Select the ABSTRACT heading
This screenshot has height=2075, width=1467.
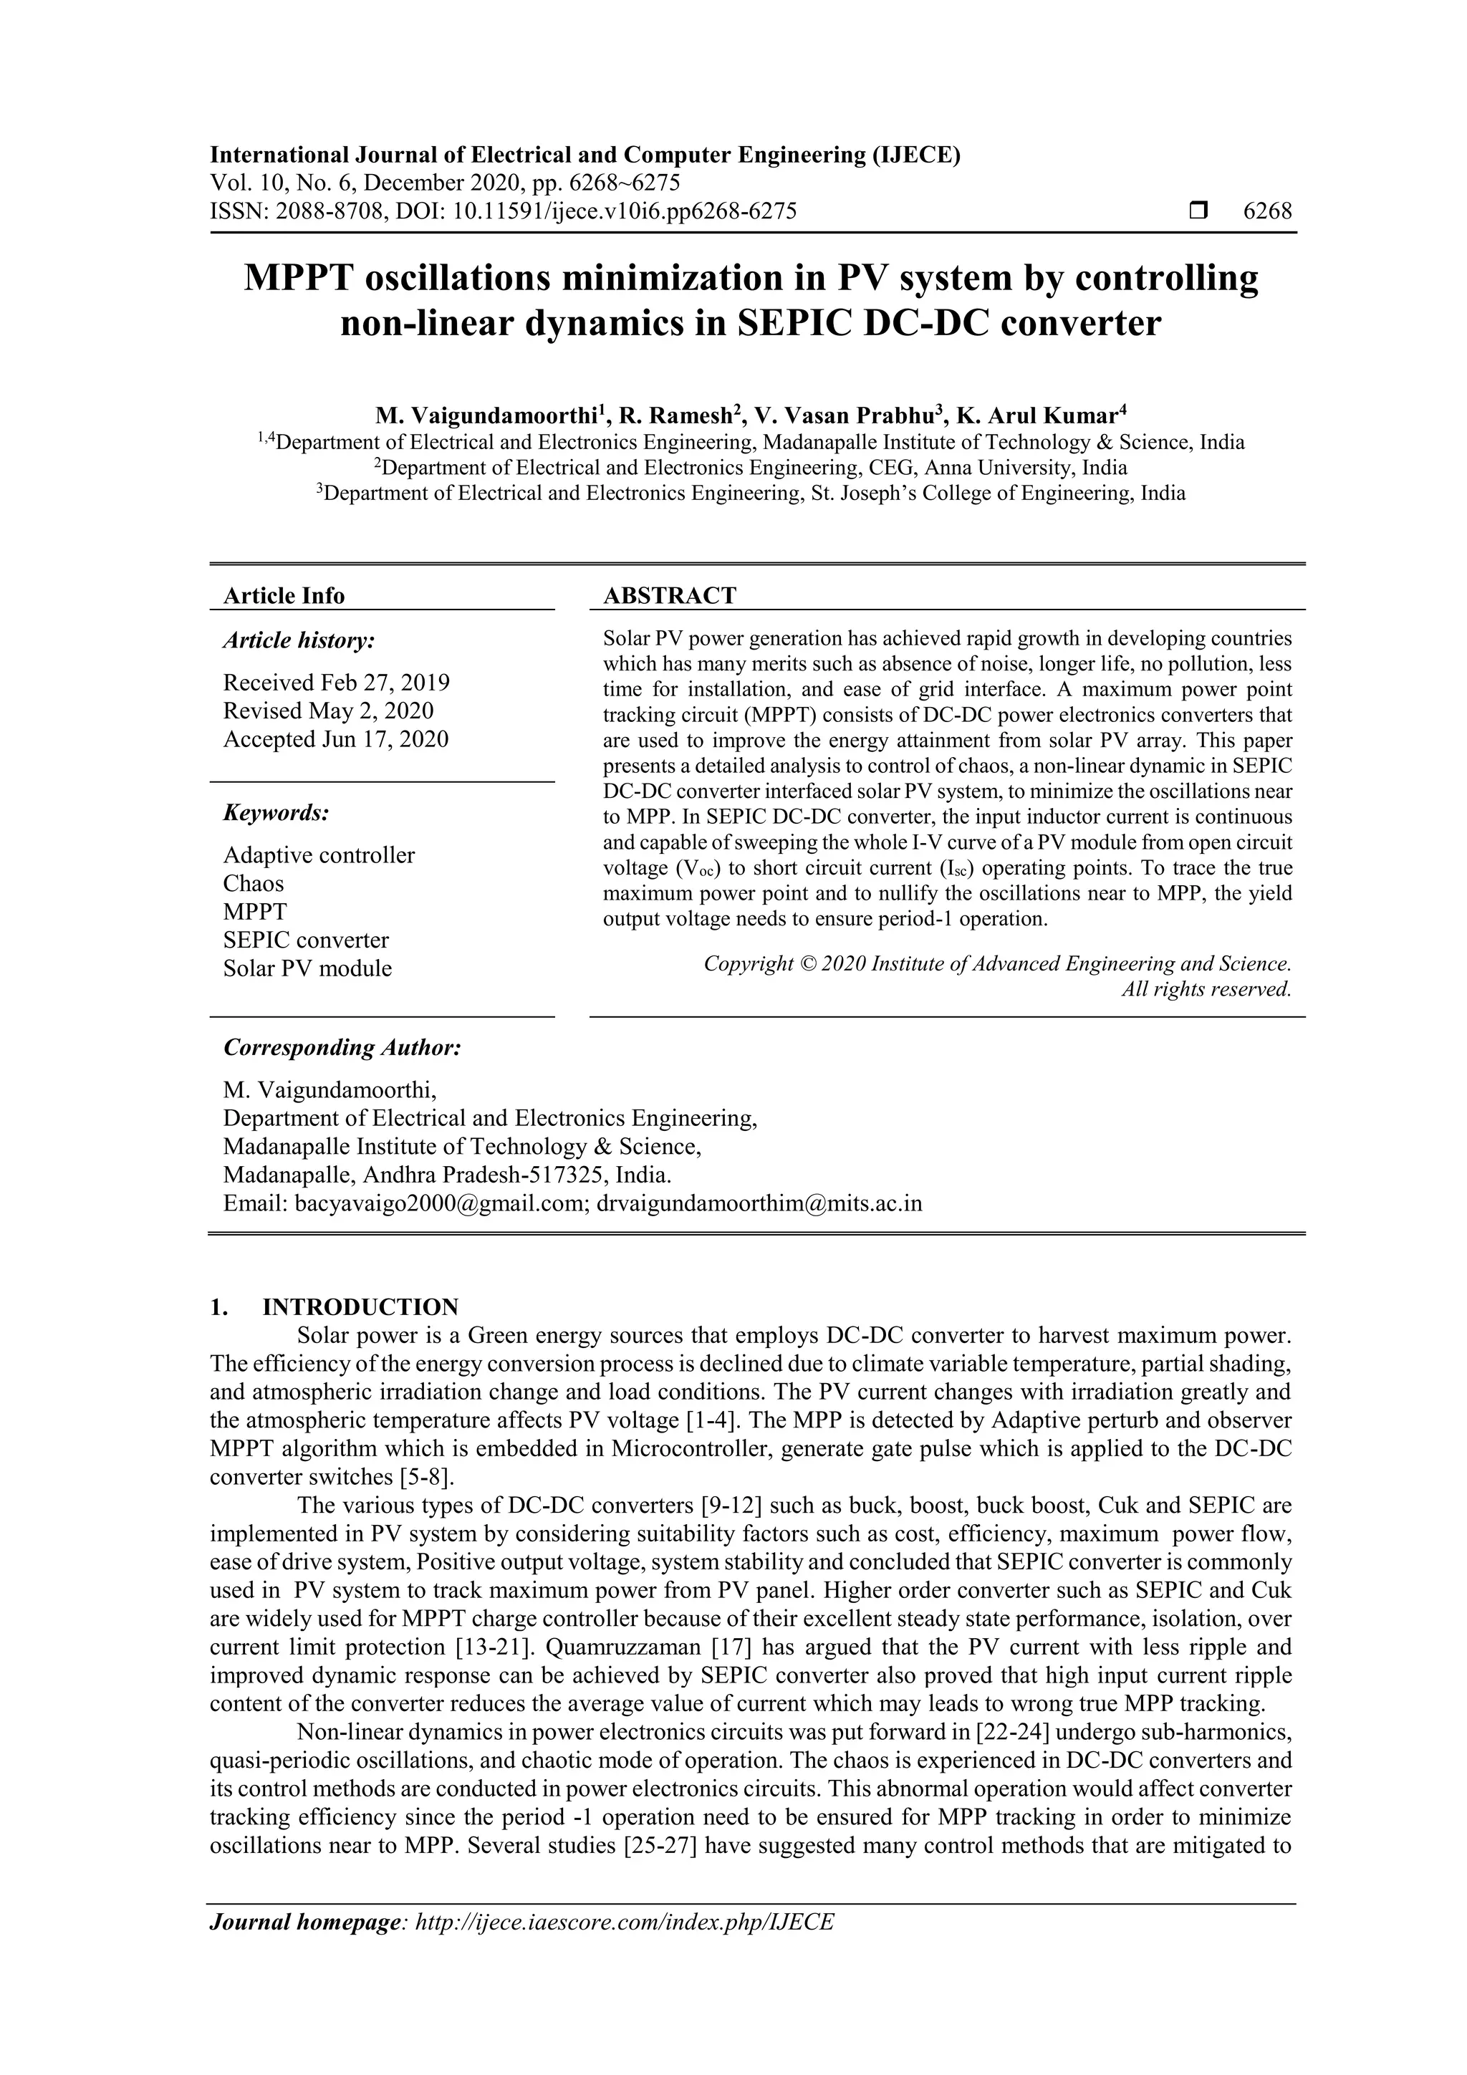(x=669, y=595)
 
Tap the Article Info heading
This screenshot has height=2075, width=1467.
(x=284, y=595)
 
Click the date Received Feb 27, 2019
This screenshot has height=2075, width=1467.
(x=336, y=683)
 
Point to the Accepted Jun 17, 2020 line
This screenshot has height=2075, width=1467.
(x=335, y=739)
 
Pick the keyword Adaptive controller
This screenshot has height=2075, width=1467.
(x=319, y=855)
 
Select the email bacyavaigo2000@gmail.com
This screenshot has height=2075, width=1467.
(x=442, y=1204)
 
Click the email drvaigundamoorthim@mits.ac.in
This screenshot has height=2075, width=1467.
(x=759, y=1204)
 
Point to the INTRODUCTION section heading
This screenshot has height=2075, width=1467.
(x=360, y=1307)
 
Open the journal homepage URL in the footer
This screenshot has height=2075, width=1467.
(x=624, y=1947)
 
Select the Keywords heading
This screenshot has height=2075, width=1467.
(x=276, y=812)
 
